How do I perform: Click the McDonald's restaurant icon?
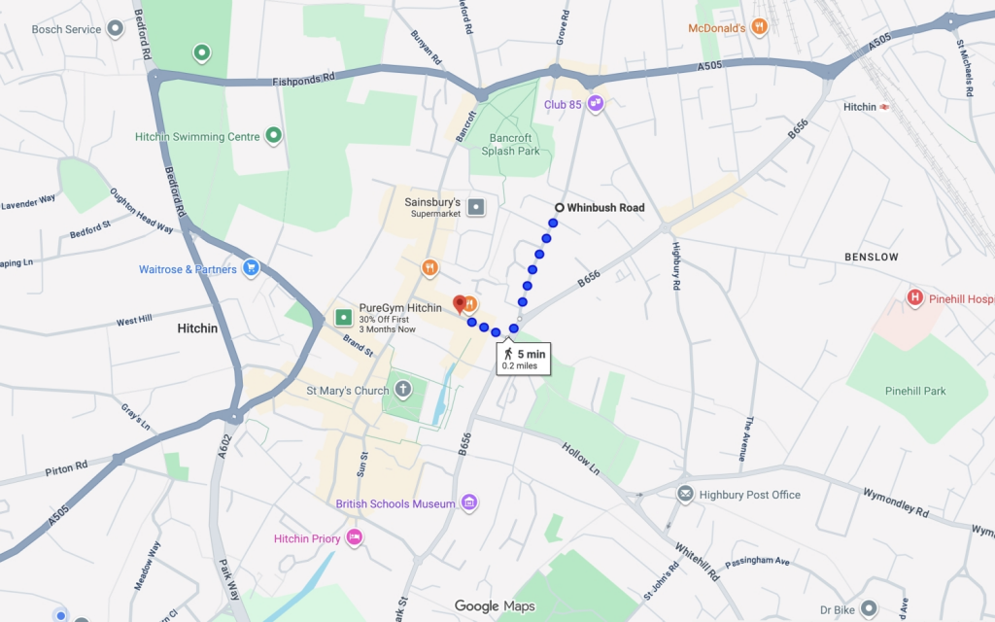pos(760,28)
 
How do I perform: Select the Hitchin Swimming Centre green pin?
pos(274,137)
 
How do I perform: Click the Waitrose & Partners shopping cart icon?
pos(251,269)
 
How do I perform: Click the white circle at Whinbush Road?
pos(559,208)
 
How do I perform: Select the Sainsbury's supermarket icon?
pos(476,207)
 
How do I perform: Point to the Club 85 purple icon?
pos(596,104)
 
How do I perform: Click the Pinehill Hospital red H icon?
pos(913,298)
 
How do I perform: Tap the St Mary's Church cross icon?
pos(403,391)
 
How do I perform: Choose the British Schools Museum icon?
pos(469,503)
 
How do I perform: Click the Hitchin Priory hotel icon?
pos(355,537)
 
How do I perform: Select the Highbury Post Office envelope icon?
pos(686,495)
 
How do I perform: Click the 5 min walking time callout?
pos(524,360)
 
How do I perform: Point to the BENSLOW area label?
pos(871,258)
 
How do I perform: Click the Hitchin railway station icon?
pos(884,107)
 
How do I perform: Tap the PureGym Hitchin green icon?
pos(342,317)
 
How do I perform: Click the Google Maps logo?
pos(495,606)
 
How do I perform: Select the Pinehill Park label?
pos(914,391)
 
